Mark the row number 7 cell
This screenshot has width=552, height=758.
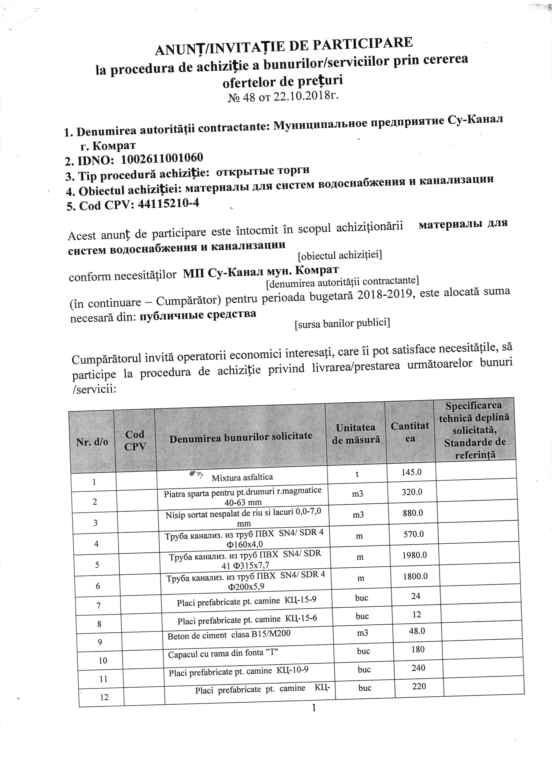click(x=98, y=605)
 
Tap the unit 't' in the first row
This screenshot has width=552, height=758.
click(x=357, y=474)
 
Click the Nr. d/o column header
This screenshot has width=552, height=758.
click(x=92, y=442)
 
